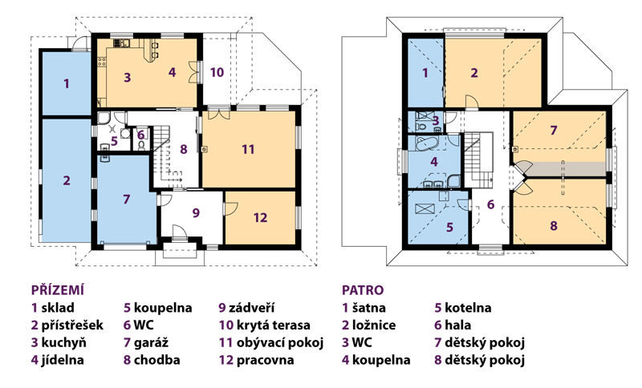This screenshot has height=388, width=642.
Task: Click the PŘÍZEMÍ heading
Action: pyautogui.click(x=58, y=290)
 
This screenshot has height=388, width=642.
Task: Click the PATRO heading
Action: pyautogui.click(x=363, y=290)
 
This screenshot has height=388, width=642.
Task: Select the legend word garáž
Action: pyautogui.click(x=151, y=342)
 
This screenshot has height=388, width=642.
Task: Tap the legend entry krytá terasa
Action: pyautogui.click(x=274, y=325)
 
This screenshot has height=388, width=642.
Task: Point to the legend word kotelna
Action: pyautogui.click(x=468, y=308)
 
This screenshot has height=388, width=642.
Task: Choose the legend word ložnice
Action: pyautogui.click(x=374, y=325)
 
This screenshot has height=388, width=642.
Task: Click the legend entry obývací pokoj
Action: pyautogui.click(x=280, y=342)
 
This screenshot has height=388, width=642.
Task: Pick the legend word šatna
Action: pyautogui.click(x=369, y=308)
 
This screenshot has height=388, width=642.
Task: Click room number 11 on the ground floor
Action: pyautogui.click(x=248, y=149)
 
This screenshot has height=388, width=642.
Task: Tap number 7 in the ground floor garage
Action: pyautogui.click(x=127, y=199)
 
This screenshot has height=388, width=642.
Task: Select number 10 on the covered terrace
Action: pyautogui.click(x=217, y=72)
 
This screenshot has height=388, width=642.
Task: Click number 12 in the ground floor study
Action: pyautogui.click(x=260, y=217)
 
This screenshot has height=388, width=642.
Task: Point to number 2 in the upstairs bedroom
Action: pyautogui.click(x=474, y=73)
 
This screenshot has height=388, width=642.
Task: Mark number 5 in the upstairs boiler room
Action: pyautogui.click(x=449, y=227)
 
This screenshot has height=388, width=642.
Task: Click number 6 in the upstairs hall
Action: pyautogui.click(x=490, y=204)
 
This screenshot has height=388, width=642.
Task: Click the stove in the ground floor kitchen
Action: pyautogui.click(x=102, y=63)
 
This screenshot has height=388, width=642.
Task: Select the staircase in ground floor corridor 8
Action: pyautogui.click(x=166, y=156)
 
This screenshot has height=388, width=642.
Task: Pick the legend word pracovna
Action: pyautogui.click(x=266, y=360)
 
